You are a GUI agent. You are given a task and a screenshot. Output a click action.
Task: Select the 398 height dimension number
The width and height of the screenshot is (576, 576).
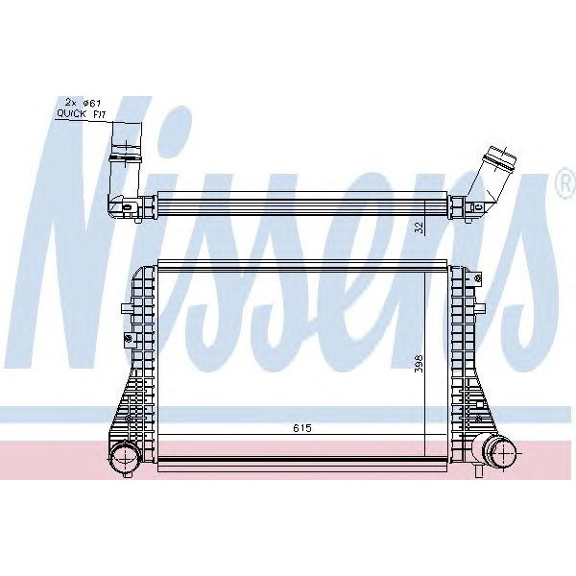point(419,366)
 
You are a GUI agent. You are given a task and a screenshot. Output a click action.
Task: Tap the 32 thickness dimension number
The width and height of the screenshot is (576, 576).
point(418,228)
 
